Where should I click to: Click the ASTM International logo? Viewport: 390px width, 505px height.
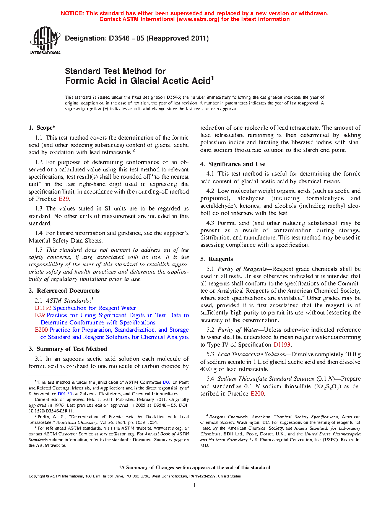(45, 41)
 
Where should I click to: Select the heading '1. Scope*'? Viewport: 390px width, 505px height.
(42, 128)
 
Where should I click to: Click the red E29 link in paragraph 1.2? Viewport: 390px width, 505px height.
(63, 199)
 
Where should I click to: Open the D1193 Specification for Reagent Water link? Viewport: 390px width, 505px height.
(85, 308)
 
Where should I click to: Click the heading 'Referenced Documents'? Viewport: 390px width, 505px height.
(68, 291)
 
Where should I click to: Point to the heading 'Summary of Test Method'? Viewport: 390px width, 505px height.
(72, 349)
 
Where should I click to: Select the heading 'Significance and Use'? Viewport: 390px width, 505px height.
(237, 164)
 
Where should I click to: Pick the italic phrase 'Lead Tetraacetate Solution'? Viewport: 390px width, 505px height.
(252, 354)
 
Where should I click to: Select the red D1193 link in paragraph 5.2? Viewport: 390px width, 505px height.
(282, 344)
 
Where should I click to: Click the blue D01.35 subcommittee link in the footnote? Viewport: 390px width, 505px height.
(65, 394)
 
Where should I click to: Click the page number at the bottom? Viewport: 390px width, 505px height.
(195, 485)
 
